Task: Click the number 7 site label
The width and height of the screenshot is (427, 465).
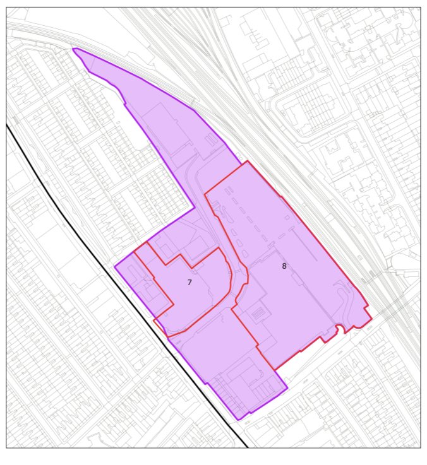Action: pos(189,283)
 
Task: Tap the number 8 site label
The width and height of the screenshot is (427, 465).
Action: pos(284,266)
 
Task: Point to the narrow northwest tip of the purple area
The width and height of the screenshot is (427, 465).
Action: pos(75,49)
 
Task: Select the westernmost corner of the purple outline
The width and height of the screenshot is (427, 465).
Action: pos(115,267)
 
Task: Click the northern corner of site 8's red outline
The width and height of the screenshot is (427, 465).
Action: pos(248,161)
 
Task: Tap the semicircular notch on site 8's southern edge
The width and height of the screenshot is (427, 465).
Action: pos(340,327)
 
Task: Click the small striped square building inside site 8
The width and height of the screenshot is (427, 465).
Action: pos(257,313)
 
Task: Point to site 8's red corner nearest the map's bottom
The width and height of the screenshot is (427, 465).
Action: pos(274,370)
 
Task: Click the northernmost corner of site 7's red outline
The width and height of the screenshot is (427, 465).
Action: pos(147,242)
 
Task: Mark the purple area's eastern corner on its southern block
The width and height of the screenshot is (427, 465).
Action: pos(287,388)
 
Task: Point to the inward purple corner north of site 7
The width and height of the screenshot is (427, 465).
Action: pos(194,206)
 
